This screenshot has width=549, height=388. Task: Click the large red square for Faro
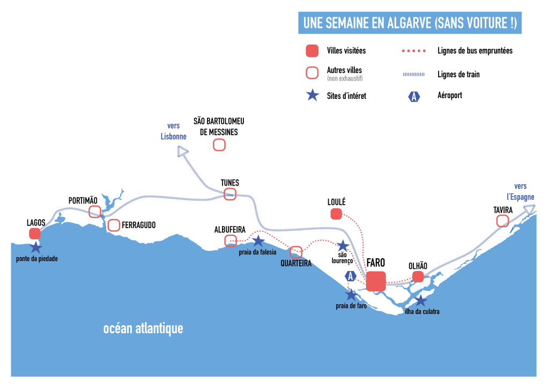tap(376, 281)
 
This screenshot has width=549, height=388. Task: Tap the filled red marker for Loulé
tap(336, 214)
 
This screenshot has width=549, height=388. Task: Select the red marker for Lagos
tap(35, 233)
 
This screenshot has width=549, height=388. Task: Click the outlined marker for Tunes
tap(230, 194)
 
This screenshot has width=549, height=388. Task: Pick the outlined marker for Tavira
tap(502, 221)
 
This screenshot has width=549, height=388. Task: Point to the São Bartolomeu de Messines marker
tap(219, 144)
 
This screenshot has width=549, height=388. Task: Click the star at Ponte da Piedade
tap(35, 247)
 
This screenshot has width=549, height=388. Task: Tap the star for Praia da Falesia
tap(258, 241)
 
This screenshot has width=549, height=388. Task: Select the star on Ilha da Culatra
tap(421, 301)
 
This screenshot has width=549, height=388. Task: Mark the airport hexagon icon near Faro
tap(351, 276)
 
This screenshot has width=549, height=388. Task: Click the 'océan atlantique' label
tap(143, 328)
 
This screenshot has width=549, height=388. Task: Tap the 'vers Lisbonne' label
tap(174, 131)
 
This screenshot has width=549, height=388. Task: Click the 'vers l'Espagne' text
tap(520, 192)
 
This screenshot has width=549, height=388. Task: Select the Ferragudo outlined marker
tap(114, 225)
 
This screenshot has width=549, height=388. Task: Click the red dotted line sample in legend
tap(413, 51)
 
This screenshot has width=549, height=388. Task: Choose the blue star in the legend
tap(312, 96)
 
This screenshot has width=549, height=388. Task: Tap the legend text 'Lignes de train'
tap(458, 74)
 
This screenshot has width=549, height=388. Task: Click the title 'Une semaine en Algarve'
tap(410, 23)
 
